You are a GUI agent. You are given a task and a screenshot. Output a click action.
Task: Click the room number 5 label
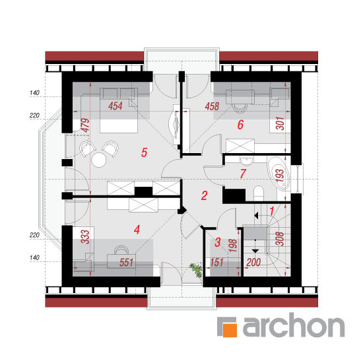tap(144, 152)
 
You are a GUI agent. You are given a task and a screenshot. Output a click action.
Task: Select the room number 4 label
tap(137, 230)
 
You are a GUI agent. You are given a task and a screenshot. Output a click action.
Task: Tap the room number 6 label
tap(240, 125)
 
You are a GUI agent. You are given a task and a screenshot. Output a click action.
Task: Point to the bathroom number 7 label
tap(243, 174)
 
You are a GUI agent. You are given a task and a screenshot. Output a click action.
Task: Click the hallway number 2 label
tap(204, 195)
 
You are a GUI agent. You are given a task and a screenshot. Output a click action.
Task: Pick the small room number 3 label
tap(218, 242)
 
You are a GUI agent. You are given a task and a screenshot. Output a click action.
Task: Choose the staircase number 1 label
tap(272, 211)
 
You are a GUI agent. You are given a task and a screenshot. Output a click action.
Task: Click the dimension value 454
tap(115, 106)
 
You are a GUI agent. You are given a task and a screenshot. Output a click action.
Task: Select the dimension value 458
tap(212, 106)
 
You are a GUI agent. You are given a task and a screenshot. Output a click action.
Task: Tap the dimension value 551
tap(126, 263)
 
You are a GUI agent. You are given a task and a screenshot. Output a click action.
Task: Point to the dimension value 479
tap(85, 125)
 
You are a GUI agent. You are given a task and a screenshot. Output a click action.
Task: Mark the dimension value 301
tap(280, 123)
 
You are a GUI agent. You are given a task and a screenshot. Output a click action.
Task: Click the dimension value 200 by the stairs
tap(253, 262)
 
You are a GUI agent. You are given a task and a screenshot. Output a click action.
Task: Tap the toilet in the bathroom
tap(259, 193)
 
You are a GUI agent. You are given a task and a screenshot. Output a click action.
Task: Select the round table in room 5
tap(99, 160)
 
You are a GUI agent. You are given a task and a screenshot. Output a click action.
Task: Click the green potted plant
tap(196, 270)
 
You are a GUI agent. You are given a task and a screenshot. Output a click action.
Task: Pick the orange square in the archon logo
tap(230, 329)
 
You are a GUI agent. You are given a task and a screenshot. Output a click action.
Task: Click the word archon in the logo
tap(294, 325)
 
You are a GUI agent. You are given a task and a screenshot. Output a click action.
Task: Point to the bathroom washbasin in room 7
tap(247, 160)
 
